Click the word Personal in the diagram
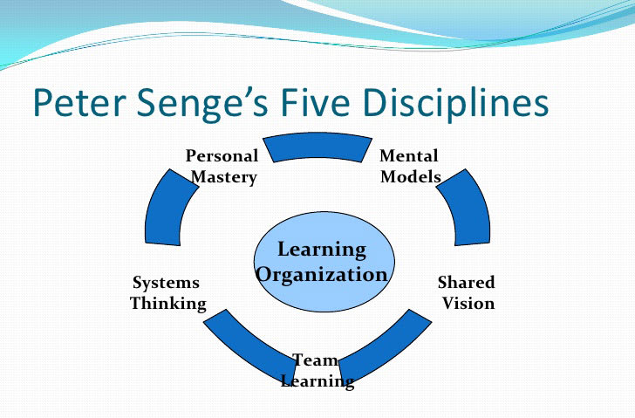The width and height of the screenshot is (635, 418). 222,156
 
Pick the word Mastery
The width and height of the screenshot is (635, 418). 224,176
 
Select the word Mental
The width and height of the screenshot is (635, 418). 408,156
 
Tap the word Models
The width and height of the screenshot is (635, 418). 411,176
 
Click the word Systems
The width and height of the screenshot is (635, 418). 166,283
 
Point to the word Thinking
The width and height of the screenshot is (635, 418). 167,304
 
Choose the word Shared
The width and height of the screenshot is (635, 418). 466,283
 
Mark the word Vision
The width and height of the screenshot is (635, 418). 468,304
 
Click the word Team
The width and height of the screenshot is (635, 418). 315,360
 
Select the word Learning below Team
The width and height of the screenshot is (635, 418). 317,381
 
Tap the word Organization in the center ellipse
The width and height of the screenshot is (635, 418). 321,274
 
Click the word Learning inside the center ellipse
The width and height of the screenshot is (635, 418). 321,250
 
